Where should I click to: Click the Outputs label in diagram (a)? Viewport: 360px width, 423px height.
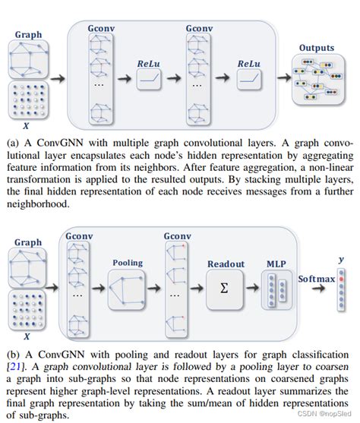(x=317, y=48)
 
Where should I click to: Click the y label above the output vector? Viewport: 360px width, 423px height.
(x=341, y=259)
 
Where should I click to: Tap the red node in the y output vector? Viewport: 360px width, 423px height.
(x=341, y=279)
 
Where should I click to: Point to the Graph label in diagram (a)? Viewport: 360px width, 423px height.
(x=28, y=34)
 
